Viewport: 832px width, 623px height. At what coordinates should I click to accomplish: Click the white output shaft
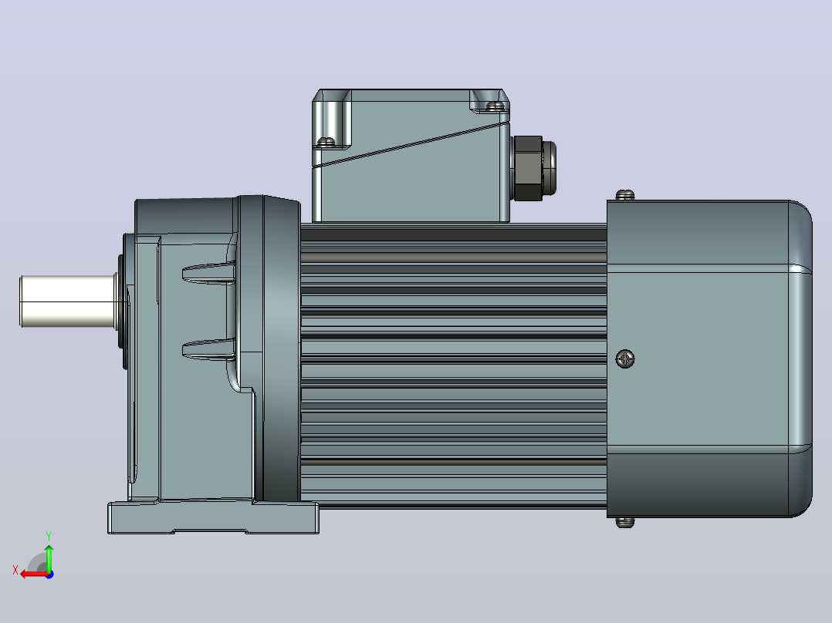coord(67,301)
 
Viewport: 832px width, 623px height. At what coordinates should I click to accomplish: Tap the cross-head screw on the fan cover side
coord(625,359)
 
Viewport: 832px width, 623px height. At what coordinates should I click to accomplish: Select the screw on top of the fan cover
coord(625,194)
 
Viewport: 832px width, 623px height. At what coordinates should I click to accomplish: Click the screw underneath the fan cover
coord(625,523)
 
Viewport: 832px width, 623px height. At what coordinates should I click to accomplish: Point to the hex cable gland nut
coord(528,168)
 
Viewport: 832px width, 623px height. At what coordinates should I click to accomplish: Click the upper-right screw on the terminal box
coord(495,106)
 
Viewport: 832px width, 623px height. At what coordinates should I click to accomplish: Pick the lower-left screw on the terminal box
coord(326,142)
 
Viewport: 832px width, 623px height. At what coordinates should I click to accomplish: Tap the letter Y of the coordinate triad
coord(49,537)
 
